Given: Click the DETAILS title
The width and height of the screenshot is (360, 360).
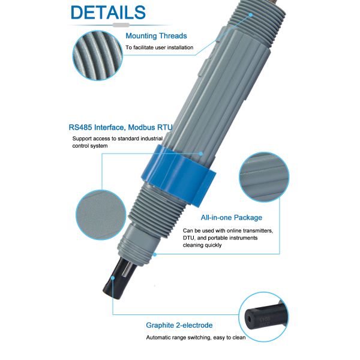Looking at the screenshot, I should pyautogui.click(x=108, y=13).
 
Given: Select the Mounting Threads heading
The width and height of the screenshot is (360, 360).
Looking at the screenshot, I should pyautogui.click(x=156, y=36).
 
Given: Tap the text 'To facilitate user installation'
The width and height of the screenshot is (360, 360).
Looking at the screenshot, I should pyautogui.click(x=159, y=47).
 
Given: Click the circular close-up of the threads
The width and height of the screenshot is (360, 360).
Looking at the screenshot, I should pyautogui.click(x=95, y=54).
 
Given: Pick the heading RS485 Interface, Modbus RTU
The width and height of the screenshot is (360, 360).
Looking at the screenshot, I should pyautogui.click(x=120, y=127).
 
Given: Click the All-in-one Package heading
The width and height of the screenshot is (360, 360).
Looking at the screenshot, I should pyautogui.click(x=231, y=218).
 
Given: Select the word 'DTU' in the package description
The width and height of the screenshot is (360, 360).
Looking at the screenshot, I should pyautogui.click(x=190, y=238).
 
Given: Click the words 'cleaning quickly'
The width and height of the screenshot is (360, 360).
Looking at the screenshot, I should pyautogui.click(x=202, y=245).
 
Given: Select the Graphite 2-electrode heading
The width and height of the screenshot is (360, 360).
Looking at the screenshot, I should pyautogui.click(x=179, y=325).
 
